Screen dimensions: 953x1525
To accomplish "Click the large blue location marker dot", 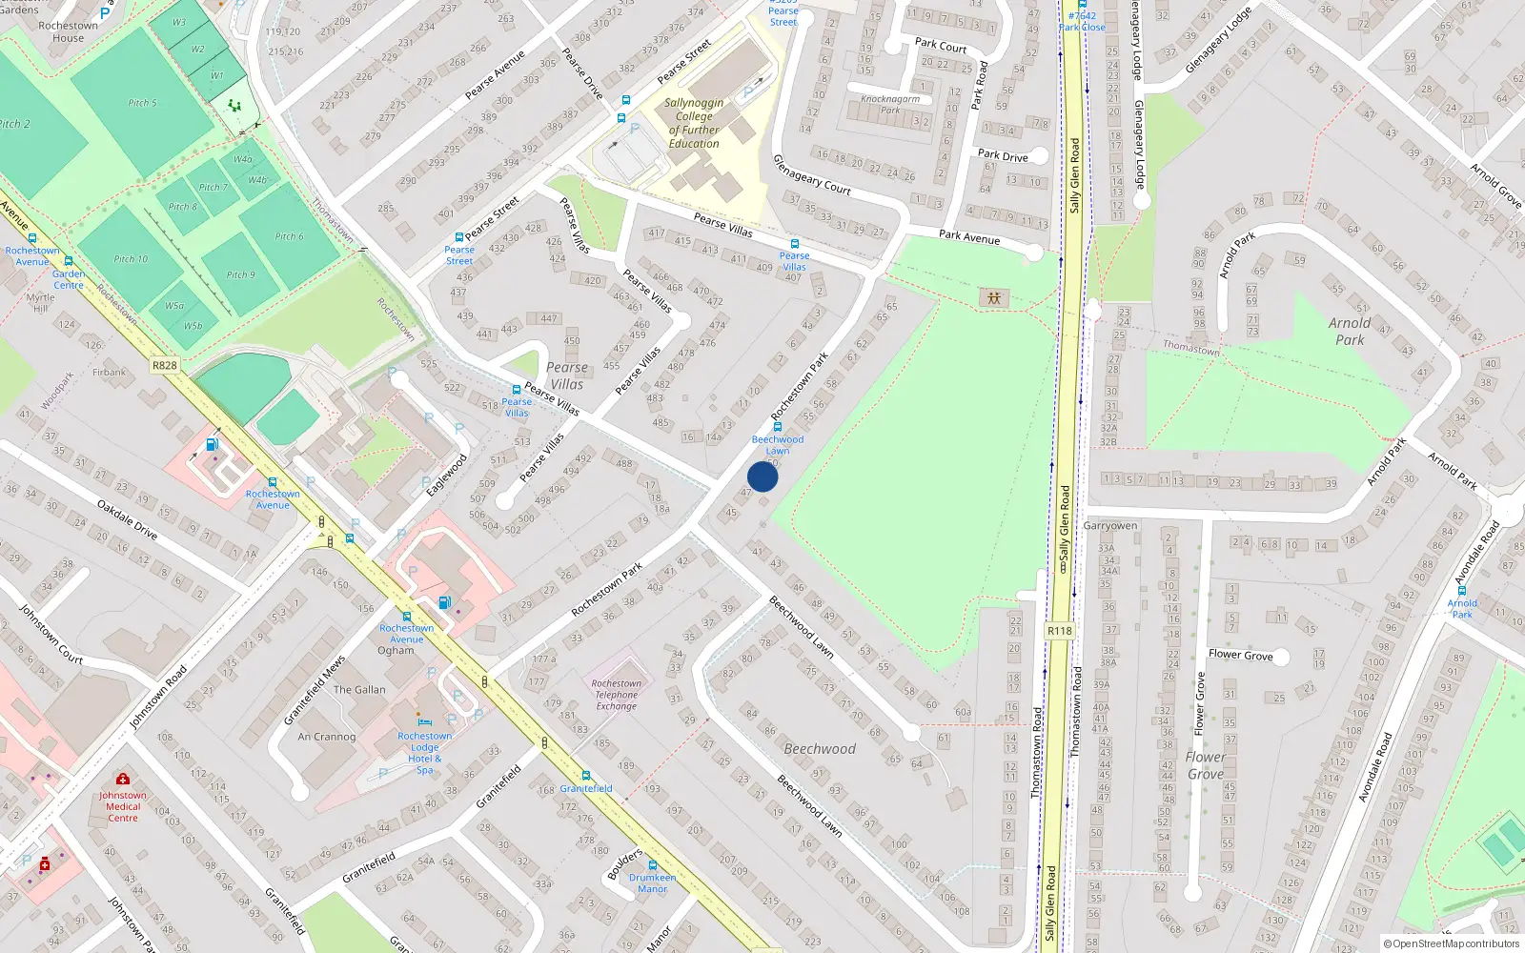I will pos(762,476).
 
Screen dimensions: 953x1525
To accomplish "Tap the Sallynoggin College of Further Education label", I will pos(694,123).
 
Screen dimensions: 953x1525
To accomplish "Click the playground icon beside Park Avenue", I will pos(994,298).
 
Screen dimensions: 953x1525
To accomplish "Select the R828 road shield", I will pos(165,365).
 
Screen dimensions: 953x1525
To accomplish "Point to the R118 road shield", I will pos(1059,631).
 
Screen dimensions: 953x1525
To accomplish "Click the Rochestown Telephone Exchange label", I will pos(617,695).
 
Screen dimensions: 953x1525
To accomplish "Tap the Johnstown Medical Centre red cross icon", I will pos(122,780).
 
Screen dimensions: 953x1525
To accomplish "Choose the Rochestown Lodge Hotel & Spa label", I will pos(425,753).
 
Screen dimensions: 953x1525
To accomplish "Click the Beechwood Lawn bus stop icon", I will pos(778,427).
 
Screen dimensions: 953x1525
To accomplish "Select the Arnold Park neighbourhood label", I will pos(1350,331).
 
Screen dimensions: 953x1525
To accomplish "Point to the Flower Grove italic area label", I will pos(1206,765).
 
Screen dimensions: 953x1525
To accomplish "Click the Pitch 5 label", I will pos(143,103).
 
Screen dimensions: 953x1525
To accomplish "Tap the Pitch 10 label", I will pos(131,259).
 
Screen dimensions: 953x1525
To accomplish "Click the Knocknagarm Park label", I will pos(890,104).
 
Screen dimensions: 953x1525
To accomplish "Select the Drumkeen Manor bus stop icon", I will pos(653,865).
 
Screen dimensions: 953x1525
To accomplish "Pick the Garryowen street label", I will pos(1110,526).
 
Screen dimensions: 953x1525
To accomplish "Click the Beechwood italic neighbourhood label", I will pos(820,749).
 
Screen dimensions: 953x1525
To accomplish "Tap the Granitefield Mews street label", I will pos(314,690).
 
